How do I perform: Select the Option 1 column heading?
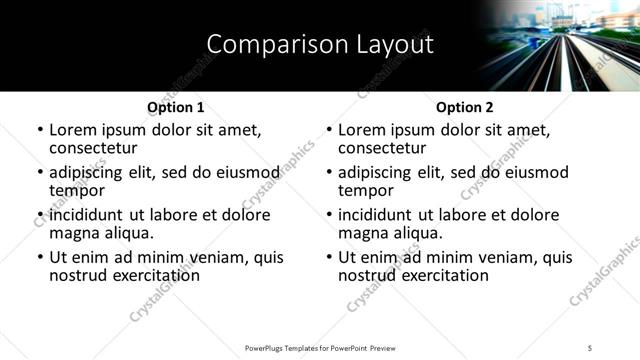click(x=175, y=107)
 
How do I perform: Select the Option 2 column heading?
click(x=464, y=107)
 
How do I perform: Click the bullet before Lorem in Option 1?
click(x=40, y=130)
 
